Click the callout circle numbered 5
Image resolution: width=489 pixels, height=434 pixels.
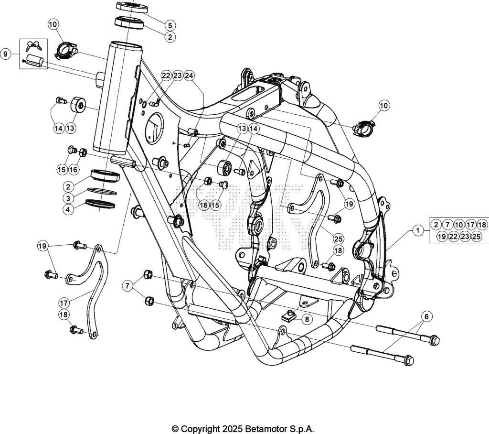(x=170, y=25)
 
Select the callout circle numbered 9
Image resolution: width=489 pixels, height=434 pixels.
(x=5, y=54)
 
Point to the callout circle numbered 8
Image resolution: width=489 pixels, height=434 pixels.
(x=307, y=319)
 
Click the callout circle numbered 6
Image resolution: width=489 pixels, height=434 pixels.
(x=426, y=316)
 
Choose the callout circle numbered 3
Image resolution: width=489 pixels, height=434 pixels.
(x=68, y=198)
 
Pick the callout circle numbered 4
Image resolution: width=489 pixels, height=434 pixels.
(x=68, y=209)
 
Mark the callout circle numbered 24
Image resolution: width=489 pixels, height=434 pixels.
(x=189, y=76)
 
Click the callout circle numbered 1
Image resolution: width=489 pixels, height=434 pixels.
(x=418, y=231)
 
